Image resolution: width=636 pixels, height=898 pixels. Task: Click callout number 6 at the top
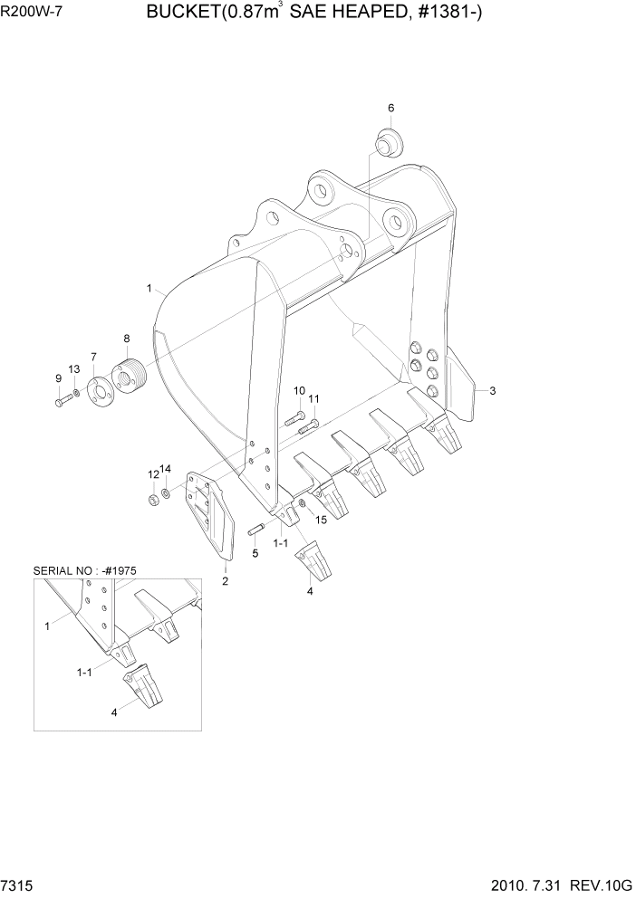[x=390, y=109]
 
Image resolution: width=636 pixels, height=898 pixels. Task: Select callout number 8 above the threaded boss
[x=126, y=339]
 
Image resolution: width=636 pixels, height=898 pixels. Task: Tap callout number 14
[x=166, y=469]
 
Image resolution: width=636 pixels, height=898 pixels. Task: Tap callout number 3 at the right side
[x=492, y=391]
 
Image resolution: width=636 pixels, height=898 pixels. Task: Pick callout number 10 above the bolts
[x=299, y=390]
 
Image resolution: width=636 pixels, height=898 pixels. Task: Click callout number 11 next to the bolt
[x=313, y=399]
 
